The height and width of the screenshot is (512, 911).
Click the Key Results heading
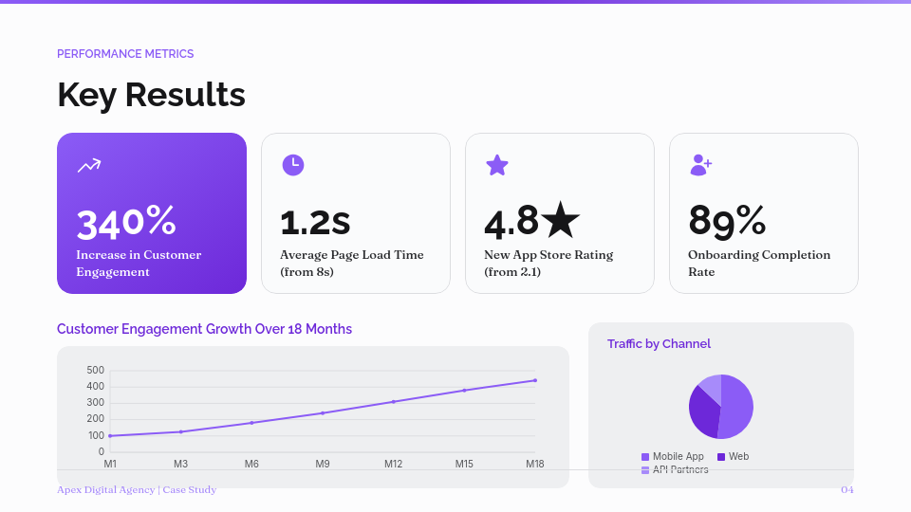(151, 95)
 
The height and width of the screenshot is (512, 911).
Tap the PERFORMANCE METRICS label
(125, 54)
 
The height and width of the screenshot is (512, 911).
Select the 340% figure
(126, 222)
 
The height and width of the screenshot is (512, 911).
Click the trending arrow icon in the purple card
(89, 166)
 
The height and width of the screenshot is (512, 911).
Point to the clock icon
(293, 165)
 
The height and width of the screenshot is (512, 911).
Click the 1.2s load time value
(315, 222)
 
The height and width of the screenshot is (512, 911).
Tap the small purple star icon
(497, 165)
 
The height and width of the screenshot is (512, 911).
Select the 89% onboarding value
(727, 222)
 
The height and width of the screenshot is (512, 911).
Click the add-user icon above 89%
(700, 165)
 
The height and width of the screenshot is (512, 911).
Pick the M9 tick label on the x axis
(323, 464)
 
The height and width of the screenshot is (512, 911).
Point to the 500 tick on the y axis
(95, 370)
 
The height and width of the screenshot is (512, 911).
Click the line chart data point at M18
(535, 380)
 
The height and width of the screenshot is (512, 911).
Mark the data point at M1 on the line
(110, 436)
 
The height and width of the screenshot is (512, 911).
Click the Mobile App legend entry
(673, 457)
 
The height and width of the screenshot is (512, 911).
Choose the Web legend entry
(734, 457)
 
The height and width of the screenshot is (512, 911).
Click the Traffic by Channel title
(659, 344)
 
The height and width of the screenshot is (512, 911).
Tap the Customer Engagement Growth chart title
(204, 329)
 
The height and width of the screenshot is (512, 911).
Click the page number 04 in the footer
(846, 490)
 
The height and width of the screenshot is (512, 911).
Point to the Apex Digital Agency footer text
(137, 490)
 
